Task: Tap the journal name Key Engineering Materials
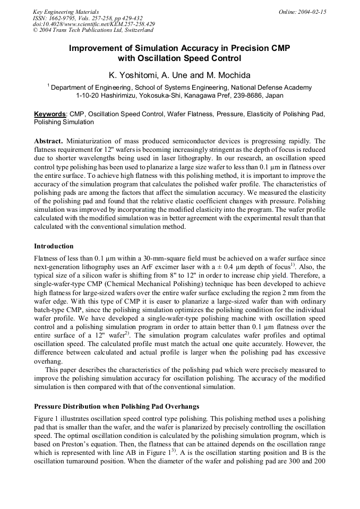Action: [x=65, y=12]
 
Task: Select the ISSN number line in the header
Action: [x=88, y=18]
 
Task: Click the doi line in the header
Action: [x=93, y=24]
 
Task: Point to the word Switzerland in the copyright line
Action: [x=136, y=30]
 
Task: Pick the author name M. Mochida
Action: [x=227, y=75]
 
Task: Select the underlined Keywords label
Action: [x=50, y=114]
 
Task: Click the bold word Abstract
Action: [x=48, y=141]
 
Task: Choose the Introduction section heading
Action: [x=54, y=246]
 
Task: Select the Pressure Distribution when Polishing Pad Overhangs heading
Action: [x=116, y=406]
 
